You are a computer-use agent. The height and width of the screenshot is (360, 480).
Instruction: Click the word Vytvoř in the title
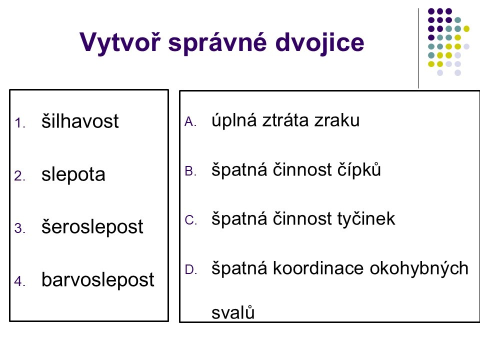(119, 42)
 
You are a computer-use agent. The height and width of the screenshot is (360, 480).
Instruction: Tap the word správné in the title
(217, 43)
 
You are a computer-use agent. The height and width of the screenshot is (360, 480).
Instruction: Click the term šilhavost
(80, 120)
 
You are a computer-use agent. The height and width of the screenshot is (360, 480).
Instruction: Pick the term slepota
(73, 175)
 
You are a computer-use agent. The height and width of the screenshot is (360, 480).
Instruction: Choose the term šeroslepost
(92, 227)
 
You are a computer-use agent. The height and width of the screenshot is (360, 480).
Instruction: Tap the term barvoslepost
(97, 280)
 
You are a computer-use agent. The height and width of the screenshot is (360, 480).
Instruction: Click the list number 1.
(19, 123)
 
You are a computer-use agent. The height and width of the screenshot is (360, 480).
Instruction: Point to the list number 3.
(19, 228)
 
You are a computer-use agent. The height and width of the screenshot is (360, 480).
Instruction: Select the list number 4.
(19, 281)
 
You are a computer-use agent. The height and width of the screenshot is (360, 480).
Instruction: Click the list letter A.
(190, 122)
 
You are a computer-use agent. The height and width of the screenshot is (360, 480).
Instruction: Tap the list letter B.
(190, 171)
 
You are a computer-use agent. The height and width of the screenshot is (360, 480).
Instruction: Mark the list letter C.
(190, 220)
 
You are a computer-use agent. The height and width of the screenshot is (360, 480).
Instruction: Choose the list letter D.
(190, 269)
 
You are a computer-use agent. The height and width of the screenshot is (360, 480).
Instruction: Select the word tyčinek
(366, 218)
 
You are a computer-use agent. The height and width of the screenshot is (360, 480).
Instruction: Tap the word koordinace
(318, 268)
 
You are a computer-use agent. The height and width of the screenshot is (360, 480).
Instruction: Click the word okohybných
(419, 268)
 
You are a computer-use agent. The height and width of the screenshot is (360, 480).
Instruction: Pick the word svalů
(233, 312)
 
